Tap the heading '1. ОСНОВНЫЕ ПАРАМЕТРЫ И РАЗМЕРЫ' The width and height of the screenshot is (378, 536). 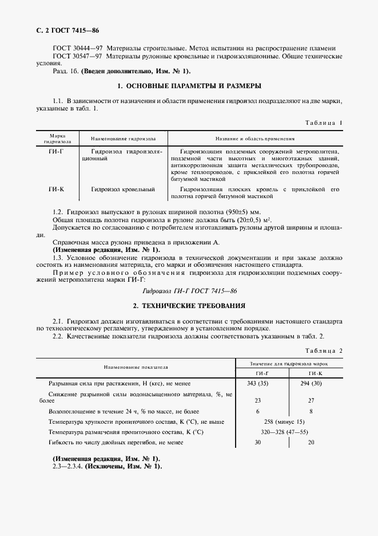click(x=189, y=86)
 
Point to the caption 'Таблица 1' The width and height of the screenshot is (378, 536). click(x=324, y=123)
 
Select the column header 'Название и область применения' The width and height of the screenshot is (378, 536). click(x=254, y=139)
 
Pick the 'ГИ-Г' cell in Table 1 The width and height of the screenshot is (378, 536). click(x=57, y=151)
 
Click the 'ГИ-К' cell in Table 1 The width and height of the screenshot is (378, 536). click(x=57, y=189)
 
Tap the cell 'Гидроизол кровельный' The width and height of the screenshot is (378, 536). click(x=124, y=189)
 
